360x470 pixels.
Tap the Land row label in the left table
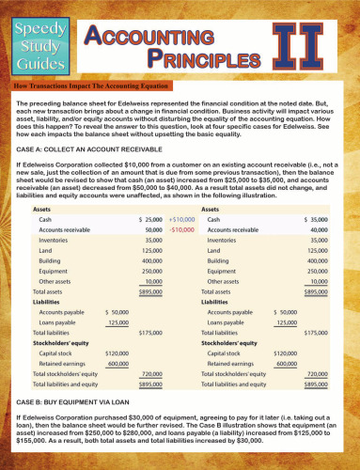(x=46, y=251)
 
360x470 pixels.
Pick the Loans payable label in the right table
(x=230, y=322)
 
